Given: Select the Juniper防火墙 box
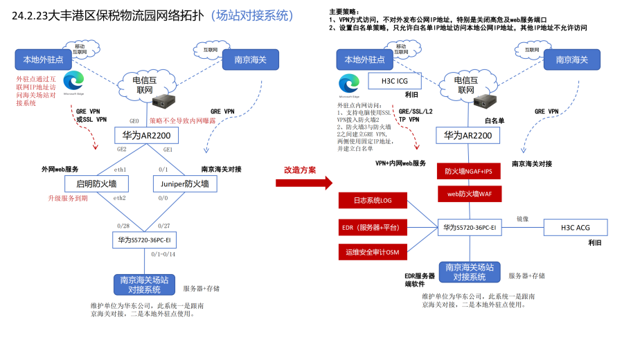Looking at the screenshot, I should click(x=185, y=183).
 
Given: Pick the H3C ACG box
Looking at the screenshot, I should click(x=575, y=226).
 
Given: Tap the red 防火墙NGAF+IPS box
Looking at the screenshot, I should click(x=468, y=171).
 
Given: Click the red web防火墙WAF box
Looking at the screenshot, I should click(x=468, y=194).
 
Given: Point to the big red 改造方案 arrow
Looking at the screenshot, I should click(x=304, y=183).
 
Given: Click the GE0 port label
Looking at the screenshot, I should click(x=134, y=120).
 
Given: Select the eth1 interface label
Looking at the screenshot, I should click(x=120, y=170).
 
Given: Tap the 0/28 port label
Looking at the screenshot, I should click(x=124, y=226).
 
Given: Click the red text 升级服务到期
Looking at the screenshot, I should click(x=68, y=198).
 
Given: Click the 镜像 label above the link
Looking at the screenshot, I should click(x=523, y=219).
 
